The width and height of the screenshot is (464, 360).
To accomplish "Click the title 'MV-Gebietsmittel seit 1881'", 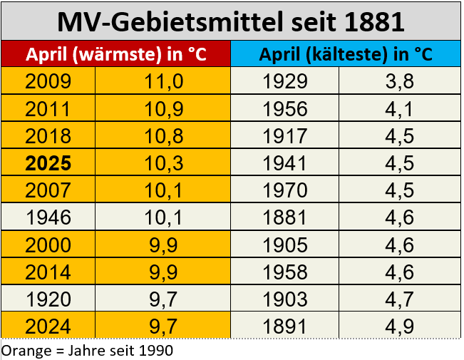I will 231,21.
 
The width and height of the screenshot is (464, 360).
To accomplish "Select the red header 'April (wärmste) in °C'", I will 116,55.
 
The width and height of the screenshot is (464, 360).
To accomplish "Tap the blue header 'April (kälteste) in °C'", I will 346,55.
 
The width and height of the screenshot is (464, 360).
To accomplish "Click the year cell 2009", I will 48,81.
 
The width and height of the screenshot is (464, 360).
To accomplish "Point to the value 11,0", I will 164,81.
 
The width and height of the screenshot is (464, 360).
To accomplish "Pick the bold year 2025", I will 48,163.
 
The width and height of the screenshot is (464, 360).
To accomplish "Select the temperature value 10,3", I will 164,163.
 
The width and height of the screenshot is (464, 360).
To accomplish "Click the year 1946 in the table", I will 48,218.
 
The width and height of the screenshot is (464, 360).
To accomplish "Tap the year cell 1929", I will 285,81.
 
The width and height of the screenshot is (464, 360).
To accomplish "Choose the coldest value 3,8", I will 399,81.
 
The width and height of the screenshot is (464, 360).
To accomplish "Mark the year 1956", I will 285,109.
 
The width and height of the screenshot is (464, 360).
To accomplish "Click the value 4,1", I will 399,109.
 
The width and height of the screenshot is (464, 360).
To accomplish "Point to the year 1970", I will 285,191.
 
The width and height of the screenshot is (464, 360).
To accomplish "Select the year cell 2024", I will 48,327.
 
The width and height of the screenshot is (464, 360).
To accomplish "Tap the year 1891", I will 285,327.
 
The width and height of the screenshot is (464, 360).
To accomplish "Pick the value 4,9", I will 399,327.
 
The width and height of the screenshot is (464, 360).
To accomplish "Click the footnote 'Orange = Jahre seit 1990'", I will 87,351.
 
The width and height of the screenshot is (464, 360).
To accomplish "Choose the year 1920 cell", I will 48,300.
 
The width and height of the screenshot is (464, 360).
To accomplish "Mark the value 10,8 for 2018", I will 164,136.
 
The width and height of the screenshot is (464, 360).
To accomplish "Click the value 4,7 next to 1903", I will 399,300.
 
